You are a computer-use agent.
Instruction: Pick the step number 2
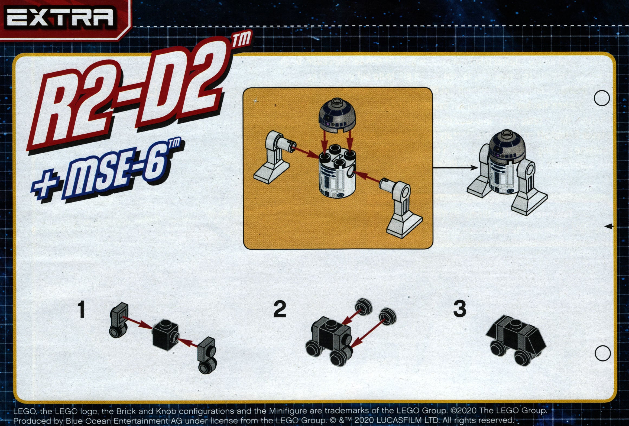[x=280, y=309]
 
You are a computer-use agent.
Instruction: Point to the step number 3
[x=459, y=309]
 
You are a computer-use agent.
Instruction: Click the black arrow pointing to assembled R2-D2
[x=456, y=168]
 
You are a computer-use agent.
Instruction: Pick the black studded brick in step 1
[x=165, y=335]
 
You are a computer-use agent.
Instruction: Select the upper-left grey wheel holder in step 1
[x=118, y=320]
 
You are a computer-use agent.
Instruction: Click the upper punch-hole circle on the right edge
[x=602, y=98]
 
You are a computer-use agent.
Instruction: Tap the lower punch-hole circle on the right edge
[x=603, y=353]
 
